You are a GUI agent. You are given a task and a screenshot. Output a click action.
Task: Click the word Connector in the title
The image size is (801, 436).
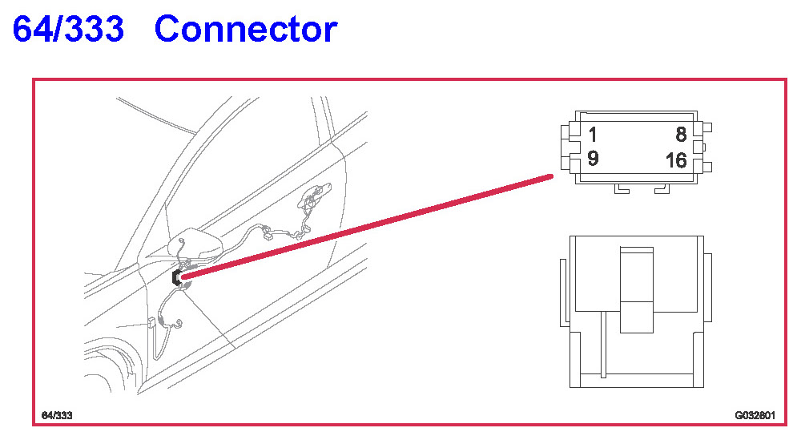click(246, 30)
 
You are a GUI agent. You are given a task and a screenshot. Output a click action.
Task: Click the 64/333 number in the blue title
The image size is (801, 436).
click(69, 30)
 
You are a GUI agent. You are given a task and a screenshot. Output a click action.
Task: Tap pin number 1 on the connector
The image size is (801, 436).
click(593, 134)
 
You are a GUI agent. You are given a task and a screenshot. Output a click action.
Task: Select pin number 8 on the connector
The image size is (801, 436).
click(680, 134)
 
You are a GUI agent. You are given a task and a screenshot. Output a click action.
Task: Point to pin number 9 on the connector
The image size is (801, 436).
click(593, 159)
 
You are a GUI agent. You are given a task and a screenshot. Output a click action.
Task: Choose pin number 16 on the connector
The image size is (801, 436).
click(676, 160)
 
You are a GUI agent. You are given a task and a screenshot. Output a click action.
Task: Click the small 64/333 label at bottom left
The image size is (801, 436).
click(57, 415)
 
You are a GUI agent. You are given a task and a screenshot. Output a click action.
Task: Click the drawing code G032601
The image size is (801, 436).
click(754, 416)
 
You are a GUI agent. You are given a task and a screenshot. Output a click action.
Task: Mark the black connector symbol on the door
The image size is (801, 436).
click(176, 277)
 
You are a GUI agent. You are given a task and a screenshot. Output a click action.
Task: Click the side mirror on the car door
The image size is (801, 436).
click(196, 245)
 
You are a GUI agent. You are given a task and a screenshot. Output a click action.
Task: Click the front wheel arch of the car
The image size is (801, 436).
click(112, 361)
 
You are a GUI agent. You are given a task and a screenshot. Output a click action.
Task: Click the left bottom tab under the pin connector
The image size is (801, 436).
click(621, 189)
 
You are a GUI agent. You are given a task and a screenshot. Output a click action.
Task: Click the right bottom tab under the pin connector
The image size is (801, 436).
click(661, 189)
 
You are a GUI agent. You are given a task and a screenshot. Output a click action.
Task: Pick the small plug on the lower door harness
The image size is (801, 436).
click(151, 324)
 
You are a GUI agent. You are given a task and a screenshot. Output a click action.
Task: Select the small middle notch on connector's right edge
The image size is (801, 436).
click(704, 146)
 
